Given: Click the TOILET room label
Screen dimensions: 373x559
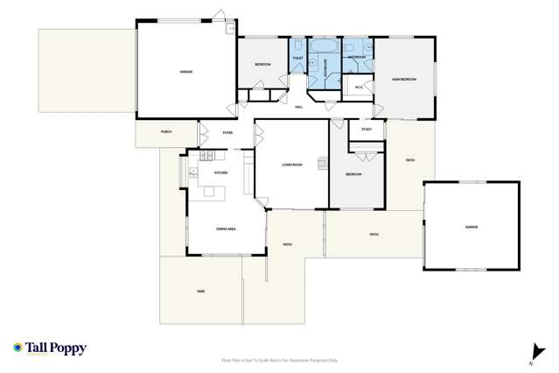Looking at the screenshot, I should pos(297,60).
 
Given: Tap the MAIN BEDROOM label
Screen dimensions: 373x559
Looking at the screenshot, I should pos(403,80).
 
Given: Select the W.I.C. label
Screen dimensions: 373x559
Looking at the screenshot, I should pos(359,86).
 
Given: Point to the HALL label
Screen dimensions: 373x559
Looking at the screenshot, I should pos(297,107).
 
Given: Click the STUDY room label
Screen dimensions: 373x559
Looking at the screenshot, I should pos(367,130).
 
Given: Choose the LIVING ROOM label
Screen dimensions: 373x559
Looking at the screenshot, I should pos(291,165).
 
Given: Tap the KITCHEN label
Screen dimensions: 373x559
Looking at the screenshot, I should pos(220,173).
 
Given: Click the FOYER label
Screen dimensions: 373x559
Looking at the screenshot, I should pos(227,133).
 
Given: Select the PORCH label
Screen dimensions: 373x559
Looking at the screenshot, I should pos(166,132).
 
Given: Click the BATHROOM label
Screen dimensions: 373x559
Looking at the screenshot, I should pos(356,57).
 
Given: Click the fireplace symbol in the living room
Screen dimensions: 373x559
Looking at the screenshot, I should pos(322,163).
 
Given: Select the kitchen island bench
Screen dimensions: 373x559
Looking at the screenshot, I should pos(220,190).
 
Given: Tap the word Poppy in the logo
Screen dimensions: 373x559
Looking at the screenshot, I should pos(68,348).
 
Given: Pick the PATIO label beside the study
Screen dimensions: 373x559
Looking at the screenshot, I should pos(409,160).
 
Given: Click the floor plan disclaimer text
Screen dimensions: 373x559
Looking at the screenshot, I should pos(279,360).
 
